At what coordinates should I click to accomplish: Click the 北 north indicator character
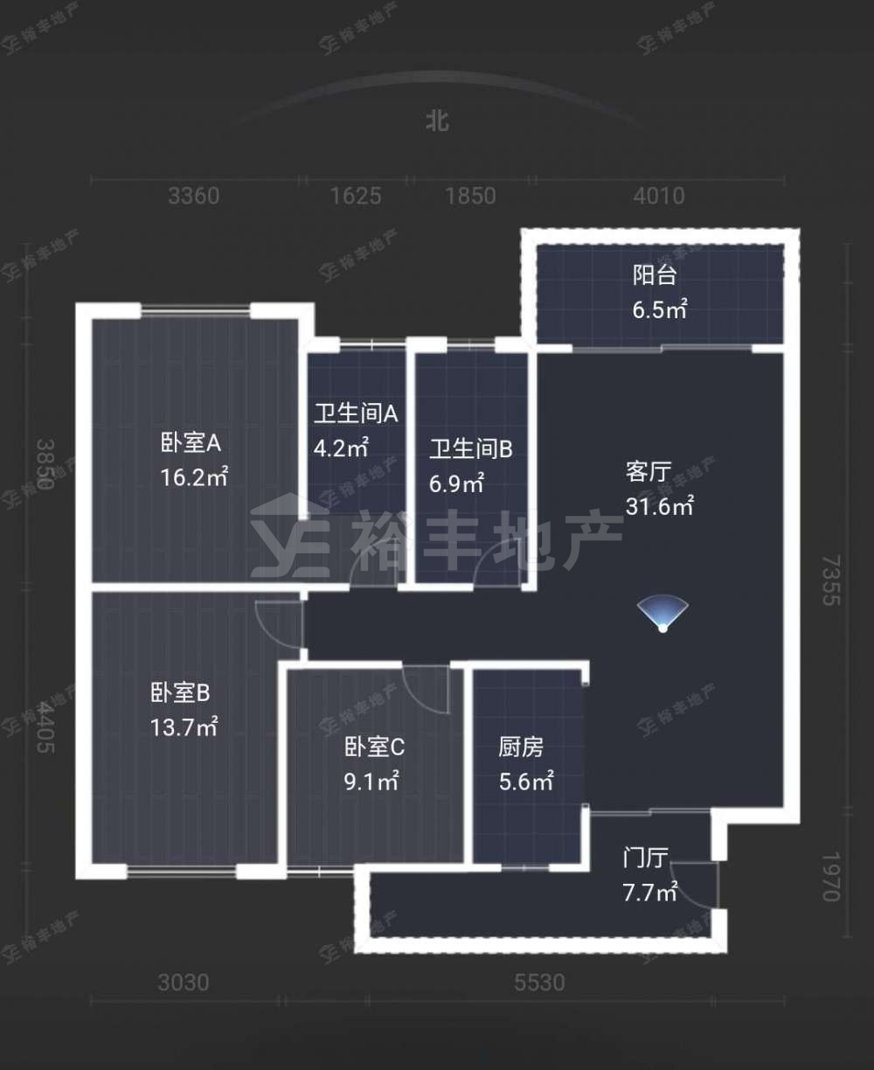pyautogui.click(x=437, y=122)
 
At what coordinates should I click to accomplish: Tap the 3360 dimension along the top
pyautogui.click(x=194, y=197)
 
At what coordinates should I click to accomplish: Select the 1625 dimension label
pyautogui.click(x=356, y=197)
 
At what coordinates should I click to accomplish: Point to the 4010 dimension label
pyautogui.click(x=659, y=197)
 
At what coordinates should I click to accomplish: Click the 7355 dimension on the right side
pyautogui.click(x=831, y=580)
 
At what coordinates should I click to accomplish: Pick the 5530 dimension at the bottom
pyautogui.click(x=539, y=983)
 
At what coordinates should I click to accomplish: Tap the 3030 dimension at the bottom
pyautogui.click(x=184, y=983)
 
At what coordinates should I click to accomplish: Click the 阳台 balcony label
pyautogui.click(x=655, y=275)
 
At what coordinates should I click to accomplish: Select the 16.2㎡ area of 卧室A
pyautogui.click(x=194, y=477)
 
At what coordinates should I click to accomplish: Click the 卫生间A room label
pyautogui.click(x=356, y=413)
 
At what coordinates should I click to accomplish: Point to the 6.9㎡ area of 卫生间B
pyautogui.click(x=456, y=483)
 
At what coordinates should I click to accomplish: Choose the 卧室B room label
pyautogui.click(x=180, y=692)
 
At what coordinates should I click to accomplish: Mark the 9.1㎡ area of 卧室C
pyautogui.click(x=371, y=782)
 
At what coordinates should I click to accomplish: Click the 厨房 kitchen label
pyautogui.click(x=520, y=747)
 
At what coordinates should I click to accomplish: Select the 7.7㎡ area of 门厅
pyautogui.click(x=649, y=893)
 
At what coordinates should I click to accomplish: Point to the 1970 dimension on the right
pyautogui.click(x=831, y=876)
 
